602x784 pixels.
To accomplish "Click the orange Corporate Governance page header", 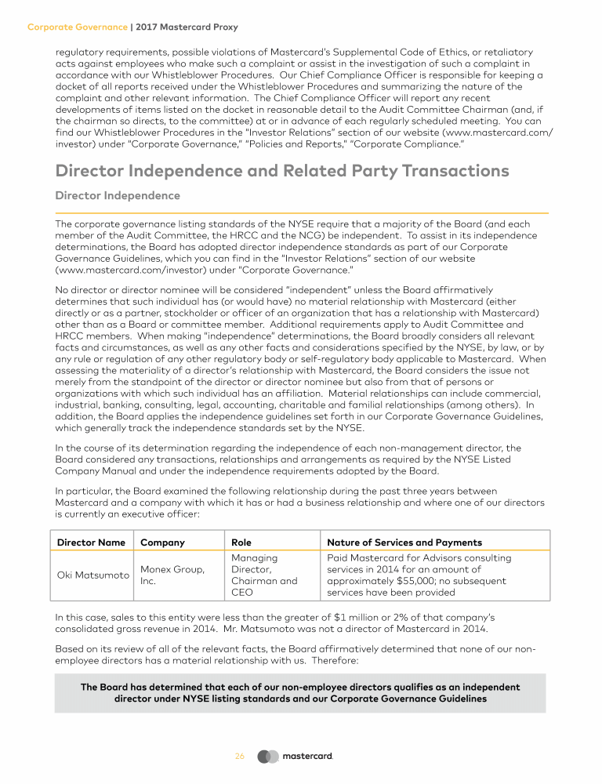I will tap(78, 27).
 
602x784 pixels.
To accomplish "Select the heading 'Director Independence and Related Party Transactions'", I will tap(282, 170).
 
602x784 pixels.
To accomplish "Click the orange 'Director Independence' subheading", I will tap(118, 195).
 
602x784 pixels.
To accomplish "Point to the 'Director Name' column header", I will tap(91, 542).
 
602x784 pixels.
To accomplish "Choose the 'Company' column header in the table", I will tap(162, 542).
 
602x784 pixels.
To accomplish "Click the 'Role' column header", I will tap(241, 542).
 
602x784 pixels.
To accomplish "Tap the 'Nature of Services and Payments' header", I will tap(404, 542).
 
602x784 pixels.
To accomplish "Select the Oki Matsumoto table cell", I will tap(92, 575).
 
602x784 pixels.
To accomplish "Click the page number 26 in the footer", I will tap(240, 757).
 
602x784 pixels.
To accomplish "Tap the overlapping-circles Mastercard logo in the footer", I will tap(268, 757).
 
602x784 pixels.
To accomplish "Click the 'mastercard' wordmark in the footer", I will tap(307, 757).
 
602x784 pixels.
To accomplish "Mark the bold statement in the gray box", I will tap(300, 692).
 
